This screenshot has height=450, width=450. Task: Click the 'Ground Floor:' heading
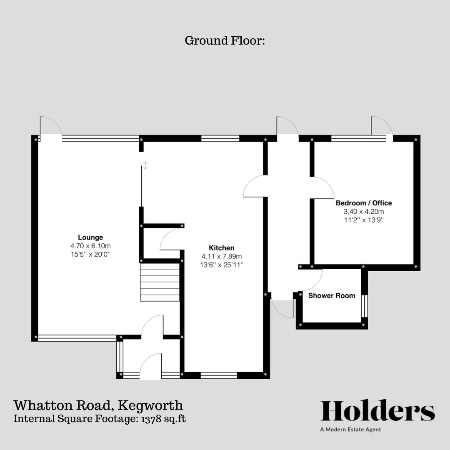[225, 41]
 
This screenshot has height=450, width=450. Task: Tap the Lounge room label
[90, 237]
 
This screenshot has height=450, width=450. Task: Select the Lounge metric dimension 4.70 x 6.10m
[90, 246]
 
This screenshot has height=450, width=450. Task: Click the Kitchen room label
[221, 248]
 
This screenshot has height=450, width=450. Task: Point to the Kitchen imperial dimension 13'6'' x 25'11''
[221, 265]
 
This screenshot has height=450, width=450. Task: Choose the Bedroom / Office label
[364, 203]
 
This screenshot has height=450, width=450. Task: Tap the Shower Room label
[332, 296]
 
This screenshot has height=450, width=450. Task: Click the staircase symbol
[160, 282]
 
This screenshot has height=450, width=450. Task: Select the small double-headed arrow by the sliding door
[145, 165]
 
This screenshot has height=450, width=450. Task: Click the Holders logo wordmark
[377, 411]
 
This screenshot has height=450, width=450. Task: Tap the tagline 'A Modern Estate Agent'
[350, 430]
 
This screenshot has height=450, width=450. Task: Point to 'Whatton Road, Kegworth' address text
[98, 405]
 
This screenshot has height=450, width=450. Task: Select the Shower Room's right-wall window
[365, 306]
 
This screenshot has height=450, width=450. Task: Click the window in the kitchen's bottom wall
[219, 375]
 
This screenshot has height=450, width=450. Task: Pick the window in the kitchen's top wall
[220, 139]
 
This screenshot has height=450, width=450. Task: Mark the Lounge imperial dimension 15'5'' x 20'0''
[90, 254]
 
